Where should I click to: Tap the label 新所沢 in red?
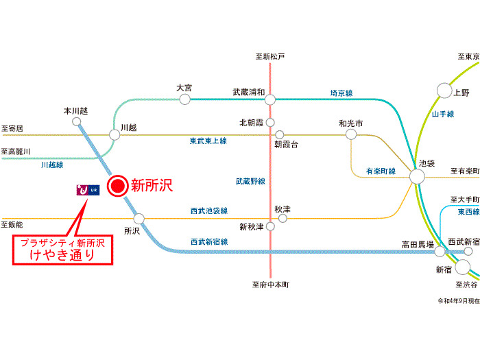[x=152, y=185]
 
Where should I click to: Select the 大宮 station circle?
[x=184, y=99]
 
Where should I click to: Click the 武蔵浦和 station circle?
[x=270, y=99]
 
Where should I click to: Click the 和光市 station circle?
[x=351, y=135]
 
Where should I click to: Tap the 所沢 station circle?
[x=139, y=219]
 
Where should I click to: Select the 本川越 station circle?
[x=76, y=121]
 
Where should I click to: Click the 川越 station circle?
[x=115, y=135]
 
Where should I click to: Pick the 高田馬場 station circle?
[x=440, y=252]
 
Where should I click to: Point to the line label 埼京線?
[x=341, y=93]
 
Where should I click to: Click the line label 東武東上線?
[x=208, y=141]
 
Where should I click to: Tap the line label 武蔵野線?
[x=250, y=181]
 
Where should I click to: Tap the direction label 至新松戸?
[x=269, y=56]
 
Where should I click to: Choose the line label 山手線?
[x=442, y=114]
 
